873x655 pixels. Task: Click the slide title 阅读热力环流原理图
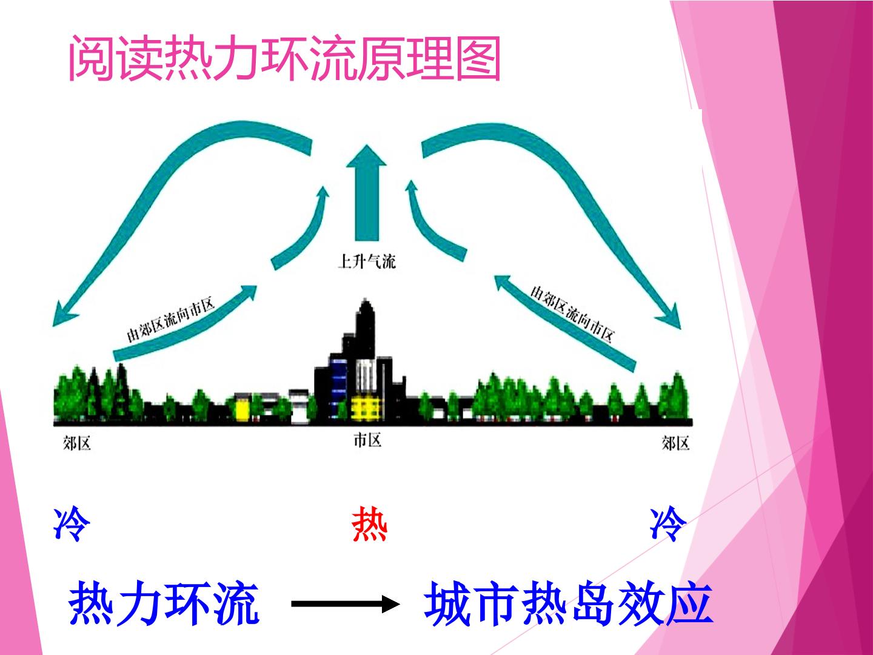pos(284,58)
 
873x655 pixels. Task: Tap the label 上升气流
pos(367,261)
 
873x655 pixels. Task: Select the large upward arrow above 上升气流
pos(366,193)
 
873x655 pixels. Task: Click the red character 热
pos(369,524)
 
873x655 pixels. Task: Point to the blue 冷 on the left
pos(72,524)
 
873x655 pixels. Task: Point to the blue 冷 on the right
pos(667,524)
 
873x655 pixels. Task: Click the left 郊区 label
pos(77,443)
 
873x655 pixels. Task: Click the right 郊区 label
pos(675,443)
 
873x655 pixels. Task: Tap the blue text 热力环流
pos(164,603)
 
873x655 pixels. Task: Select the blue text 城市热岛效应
pos(569,603)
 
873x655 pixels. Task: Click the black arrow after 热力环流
pos(345,604)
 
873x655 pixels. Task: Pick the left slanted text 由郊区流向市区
pos(170,320)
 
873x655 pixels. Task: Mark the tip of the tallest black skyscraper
pos(365,298)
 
